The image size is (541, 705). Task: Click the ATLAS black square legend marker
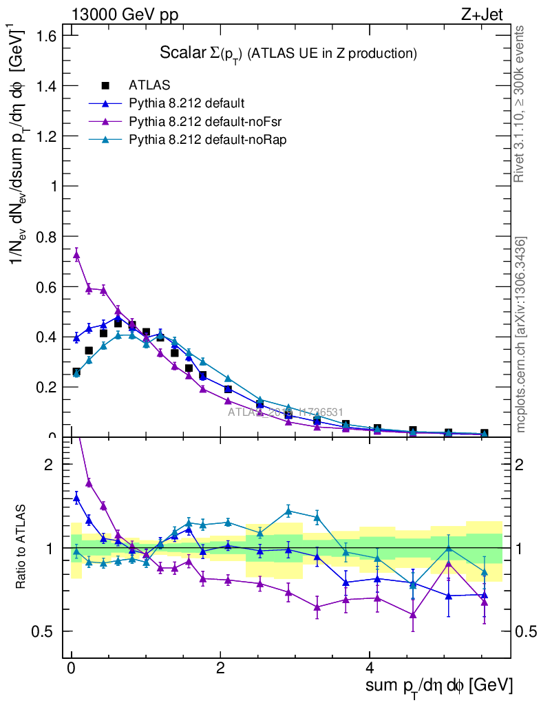[x=105, y=85]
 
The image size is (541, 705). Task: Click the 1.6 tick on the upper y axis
[x=54, y=35]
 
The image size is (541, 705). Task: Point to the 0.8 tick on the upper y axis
[x=54, y=236]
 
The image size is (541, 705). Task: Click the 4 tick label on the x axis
[x=369, y=669]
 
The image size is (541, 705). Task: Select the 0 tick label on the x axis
[x=72, y=669]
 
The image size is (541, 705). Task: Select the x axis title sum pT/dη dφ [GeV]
[x=438, y=686]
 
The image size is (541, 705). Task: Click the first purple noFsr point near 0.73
[x=76, y=255]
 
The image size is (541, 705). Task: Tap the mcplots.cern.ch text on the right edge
[x=521, y=335]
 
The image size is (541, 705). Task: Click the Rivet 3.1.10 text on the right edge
[x=521, y=103]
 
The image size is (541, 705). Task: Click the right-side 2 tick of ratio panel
[x=524, y=464]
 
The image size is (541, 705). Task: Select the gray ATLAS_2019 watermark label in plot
[x=286, y=412]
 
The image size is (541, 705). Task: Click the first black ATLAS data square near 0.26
[x=76, y=372]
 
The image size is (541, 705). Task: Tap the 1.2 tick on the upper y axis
[x=54, y=136]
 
